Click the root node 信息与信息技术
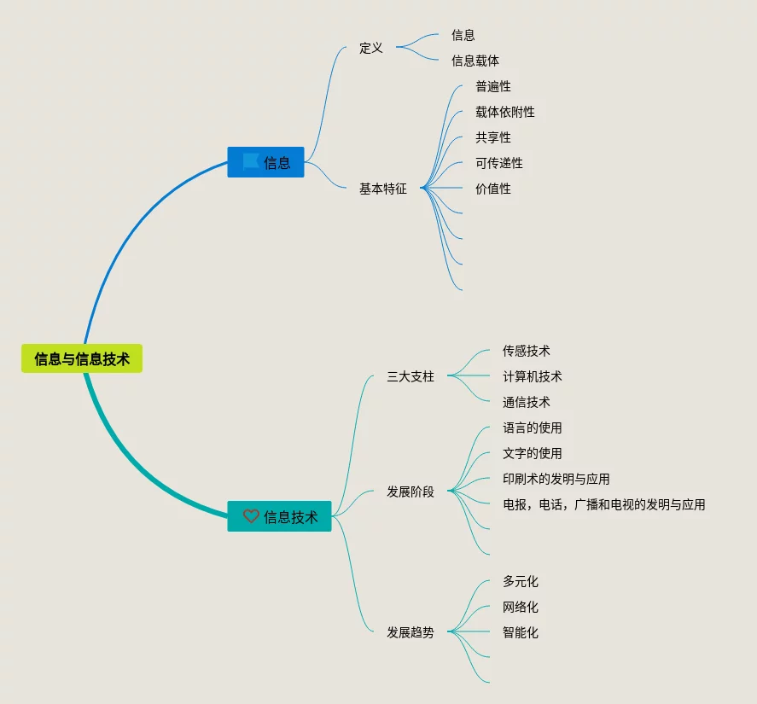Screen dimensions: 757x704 82,358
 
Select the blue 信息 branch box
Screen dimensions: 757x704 265,162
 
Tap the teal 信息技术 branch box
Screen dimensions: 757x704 279,516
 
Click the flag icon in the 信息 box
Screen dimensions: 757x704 251,161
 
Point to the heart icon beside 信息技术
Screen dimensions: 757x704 251,516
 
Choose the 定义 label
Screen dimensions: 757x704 371,48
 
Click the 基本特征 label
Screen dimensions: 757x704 383,189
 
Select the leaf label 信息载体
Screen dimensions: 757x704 475,61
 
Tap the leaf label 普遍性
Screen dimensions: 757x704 493,86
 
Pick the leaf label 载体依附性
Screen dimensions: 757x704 505,112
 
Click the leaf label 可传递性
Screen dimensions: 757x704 499,163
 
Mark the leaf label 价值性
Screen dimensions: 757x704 493,189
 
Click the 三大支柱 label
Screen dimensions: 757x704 411,376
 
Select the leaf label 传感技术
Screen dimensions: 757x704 527,351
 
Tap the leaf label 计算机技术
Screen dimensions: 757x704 533,376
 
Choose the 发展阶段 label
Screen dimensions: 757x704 411,492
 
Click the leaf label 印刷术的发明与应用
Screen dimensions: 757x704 556,479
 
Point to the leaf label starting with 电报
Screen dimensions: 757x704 604,504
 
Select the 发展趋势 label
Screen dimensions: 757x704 411,632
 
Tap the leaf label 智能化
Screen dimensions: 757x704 521,632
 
